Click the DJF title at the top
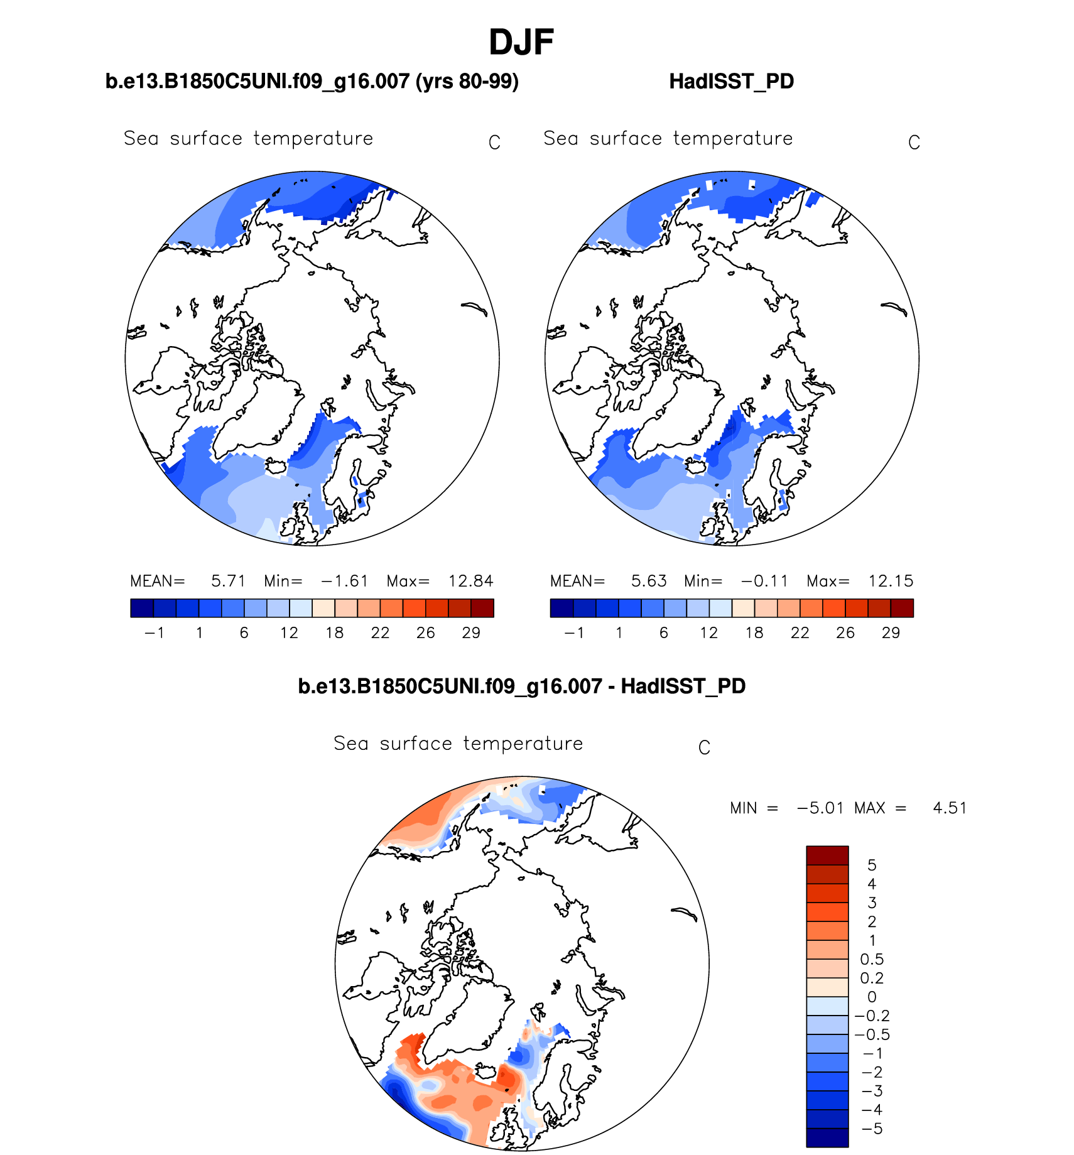pos(521,43)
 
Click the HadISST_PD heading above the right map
pos(731,82)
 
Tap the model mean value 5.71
pos(228,581)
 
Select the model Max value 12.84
pos(470,581)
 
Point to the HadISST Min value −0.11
pos(764,581)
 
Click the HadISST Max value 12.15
pos(891,581)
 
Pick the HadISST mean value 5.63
pos(648,581)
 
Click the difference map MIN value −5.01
pos(820,808)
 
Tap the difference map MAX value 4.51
pos(950,808)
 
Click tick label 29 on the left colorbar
pos(471,633)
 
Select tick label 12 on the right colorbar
pos(708,633)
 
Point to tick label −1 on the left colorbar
pos(154,633)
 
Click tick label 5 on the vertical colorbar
pos(872,865)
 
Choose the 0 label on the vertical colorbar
pos(872,997)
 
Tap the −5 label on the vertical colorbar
pos(872,1129)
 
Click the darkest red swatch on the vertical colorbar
pos(827,855)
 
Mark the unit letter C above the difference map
pos(704,748)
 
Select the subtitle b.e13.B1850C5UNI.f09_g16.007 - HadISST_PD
pos(521,686)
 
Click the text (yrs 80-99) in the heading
pos(467,82)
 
